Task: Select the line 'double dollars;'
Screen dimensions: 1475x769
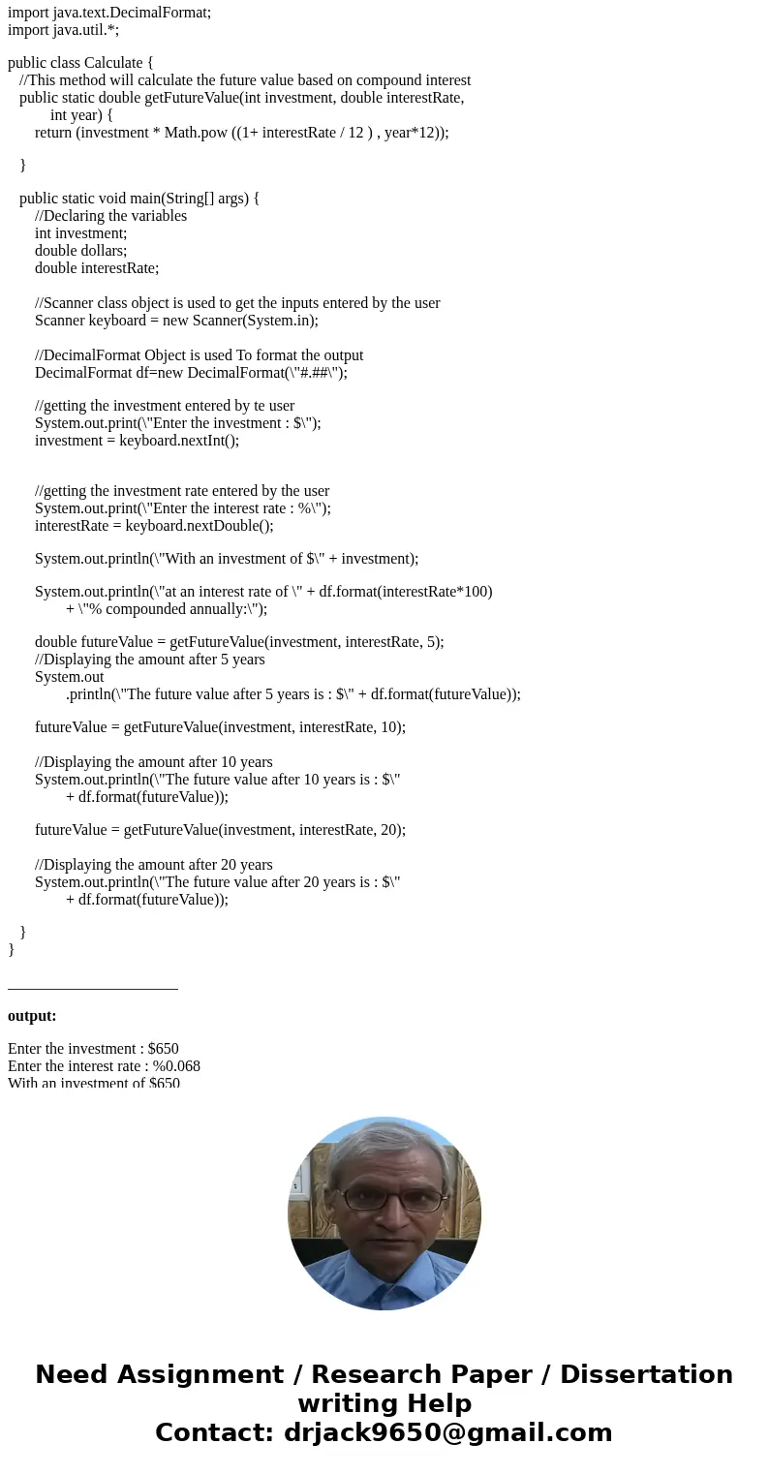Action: tap(80, 250)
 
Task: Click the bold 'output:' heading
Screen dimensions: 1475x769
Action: tap(32, 1016)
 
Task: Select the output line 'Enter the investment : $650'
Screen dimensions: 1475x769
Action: tap(93, 1048)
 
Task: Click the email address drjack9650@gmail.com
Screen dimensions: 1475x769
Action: tap(447, 1432)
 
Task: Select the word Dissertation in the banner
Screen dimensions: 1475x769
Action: tap(646, 1374)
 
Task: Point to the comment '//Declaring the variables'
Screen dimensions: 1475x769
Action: tap(110, 215)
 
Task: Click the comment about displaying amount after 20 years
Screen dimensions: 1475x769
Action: tap(153, 864)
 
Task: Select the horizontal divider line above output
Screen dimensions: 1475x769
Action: tap(93, 989)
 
